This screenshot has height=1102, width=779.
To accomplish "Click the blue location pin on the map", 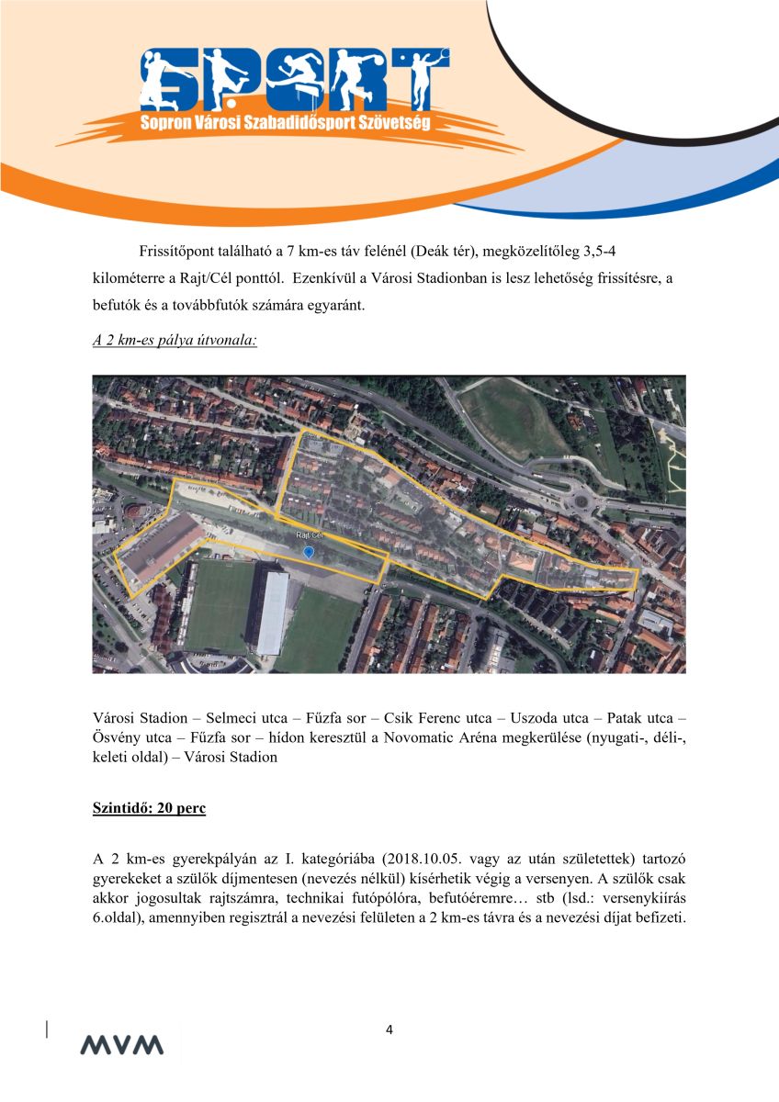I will pyautogui.click(x=309, y=551).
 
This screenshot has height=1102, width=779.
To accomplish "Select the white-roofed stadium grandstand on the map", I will pyautogui.click(x=272, y=610).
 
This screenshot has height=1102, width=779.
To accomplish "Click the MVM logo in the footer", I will pyautogui.click(x=121, y=1045).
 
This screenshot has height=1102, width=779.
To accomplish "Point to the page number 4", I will pyautogui.click(x=389, y=1029).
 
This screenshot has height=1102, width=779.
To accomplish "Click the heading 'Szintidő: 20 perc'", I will pyautogui.click(x=149, y=809).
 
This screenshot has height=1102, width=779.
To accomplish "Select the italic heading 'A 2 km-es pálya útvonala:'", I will pyautogui.click(x=175, y=341).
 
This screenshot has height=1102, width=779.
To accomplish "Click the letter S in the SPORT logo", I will pyautogui.click(x=164, y=79).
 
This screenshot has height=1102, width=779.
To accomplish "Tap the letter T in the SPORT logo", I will pyautogui.click(x=424, y=79).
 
